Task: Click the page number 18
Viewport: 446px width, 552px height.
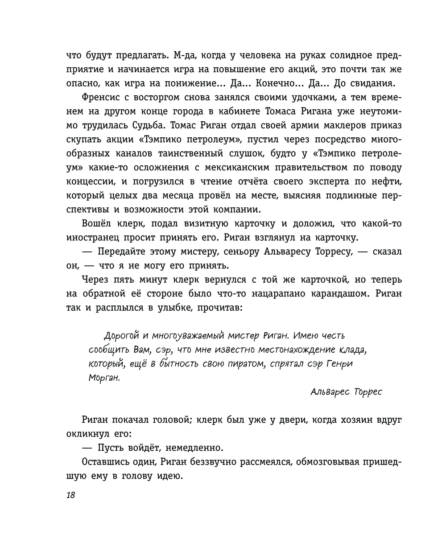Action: tap(70, 495)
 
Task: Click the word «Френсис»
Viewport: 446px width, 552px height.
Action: tap(101, 98)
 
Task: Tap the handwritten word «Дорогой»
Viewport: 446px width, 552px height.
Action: tap(120, 336)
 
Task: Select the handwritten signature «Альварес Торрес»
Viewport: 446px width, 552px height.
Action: tap(346, 392)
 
